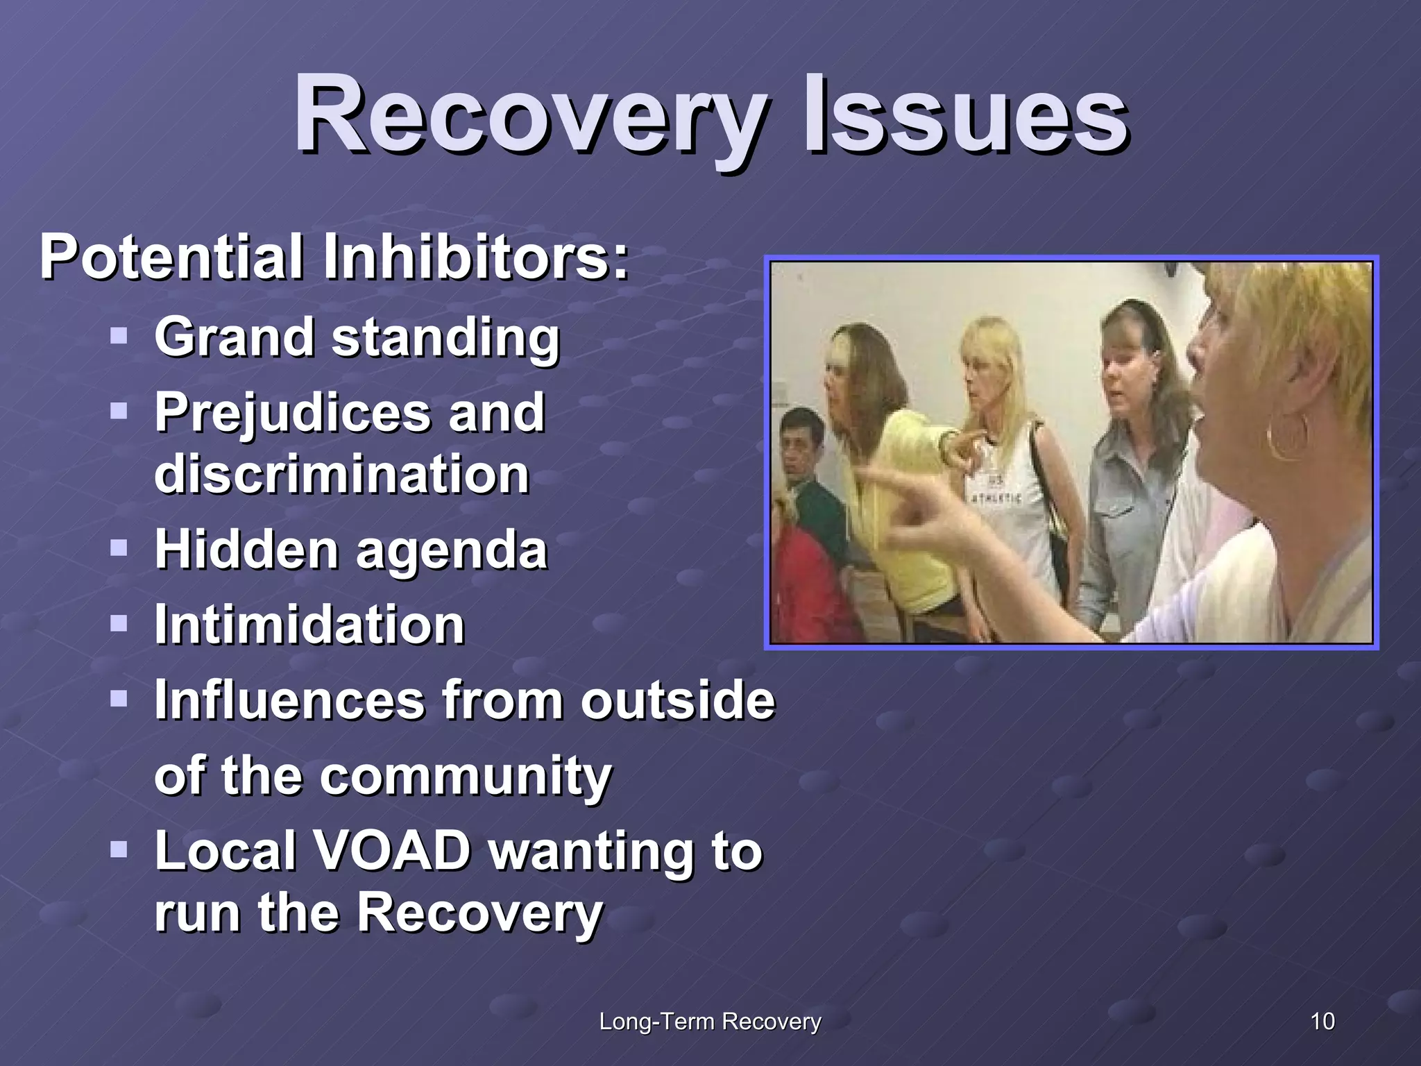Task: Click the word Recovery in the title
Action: coord(531,115)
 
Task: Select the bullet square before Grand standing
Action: coord(119,337)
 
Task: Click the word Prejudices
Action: coord(291,413)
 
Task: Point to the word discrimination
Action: coord(342,475)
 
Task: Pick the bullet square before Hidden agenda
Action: coord(119,549)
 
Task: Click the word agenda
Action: coord(452,550)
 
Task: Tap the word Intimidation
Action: coord(309,625)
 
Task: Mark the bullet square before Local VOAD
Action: coord(119,849)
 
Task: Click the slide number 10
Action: coord(1322,1022)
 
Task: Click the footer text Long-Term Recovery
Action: coord(710,1022)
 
